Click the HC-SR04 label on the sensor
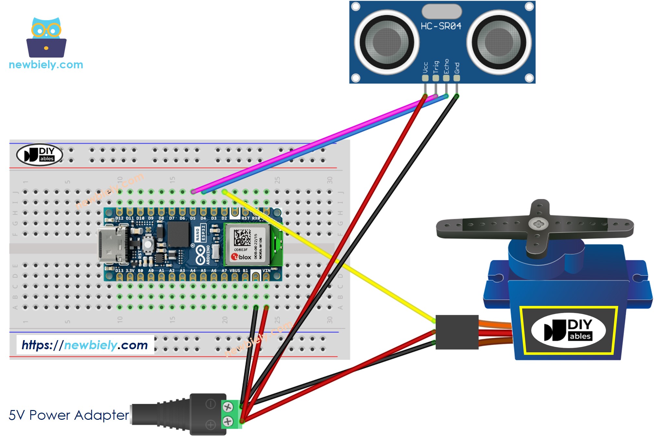coord(441,26)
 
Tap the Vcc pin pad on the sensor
coord(425,78)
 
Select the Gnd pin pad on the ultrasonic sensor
coord(456,78)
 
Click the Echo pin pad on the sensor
coord(446,78)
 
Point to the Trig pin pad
coord(436,78)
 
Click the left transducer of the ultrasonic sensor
coord(387,42)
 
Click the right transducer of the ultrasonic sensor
coord(499,42)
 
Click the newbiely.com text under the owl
coord(46,65)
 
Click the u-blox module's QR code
coord(242,237)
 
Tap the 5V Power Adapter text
coord(69,415)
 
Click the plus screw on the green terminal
coord(228,421)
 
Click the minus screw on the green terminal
coord(228,407)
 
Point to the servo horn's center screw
coord(538,224)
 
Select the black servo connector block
coord(457,332)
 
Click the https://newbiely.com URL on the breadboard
coord(85,345)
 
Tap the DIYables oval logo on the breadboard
coord(40,155)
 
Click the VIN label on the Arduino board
coord(266,271)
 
